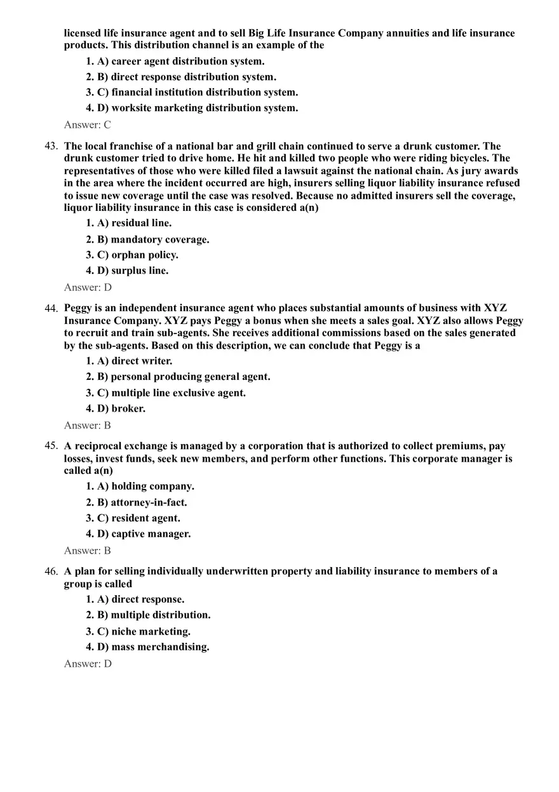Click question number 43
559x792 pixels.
pyautogui.click(x=51, y=146)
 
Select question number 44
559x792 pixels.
pyautogui.click(x=51, y=309)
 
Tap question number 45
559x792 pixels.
pyautogui.click(x=51, y=446)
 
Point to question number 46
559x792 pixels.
pyautogui.click(x=51, y=572)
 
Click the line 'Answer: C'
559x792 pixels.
pyautogui.click(x=88, y=125)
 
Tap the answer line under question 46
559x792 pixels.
pyautogui.click(x=88, y=664)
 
